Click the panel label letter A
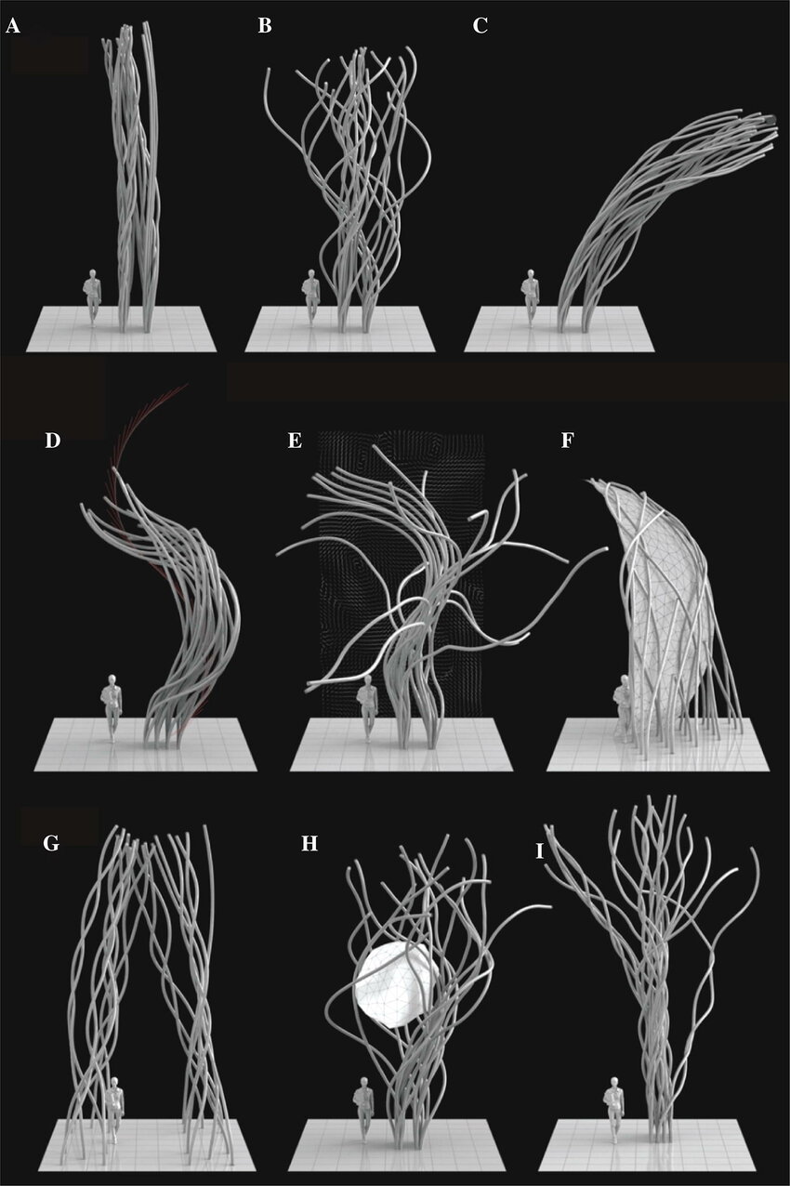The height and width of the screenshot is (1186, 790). click(12, 26)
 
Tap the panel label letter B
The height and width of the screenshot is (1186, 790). click(265, 26)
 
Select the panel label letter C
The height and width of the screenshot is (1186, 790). click(481, 26)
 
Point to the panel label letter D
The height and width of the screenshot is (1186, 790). click(52, 441)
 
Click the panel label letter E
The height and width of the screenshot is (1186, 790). click(295, 441)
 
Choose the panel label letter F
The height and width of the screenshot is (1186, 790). click(567, 441)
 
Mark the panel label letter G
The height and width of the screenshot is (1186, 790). click(51, 843)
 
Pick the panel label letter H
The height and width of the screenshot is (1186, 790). click(309, 843)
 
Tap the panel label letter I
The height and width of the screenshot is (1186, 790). click(540, 852)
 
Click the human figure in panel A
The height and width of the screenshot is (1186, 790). click(93, 297)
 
